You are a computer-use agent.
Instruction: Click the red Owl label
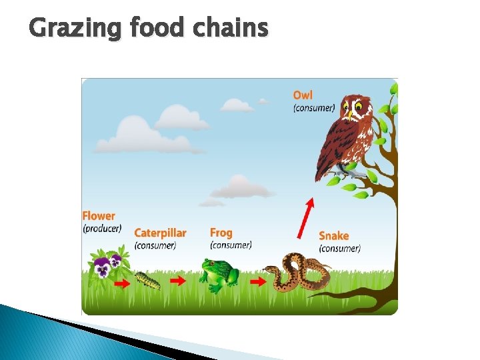click(x=302, y=96)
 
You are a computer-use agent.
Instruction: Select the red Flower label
click(x=99, y=216)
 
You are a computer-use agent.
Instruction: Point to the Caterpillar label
click(x=160, y=233)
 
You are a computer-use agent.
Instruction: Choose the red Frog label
click(x=221, y=233)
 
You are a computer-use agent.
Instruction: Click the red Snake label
click(x=333, y=235)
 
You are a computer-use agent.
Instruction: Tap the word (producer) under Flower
click(x=102, y=228)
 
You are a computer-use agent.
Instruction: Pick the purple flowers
click(x=107, y=265)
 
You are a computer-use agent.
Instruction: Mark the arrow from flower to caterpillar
click(x=121, y=283)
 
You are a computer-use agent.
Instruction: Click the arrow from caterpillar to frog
click(x=178, y=281)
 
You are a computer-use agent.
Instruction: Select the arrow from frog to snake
click(x=257, y=282)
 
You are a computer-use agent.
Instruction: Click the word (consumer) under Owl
click(x=314, y=108)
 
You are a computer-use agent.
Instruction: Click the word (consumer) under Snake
click(x=339, y=248)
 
